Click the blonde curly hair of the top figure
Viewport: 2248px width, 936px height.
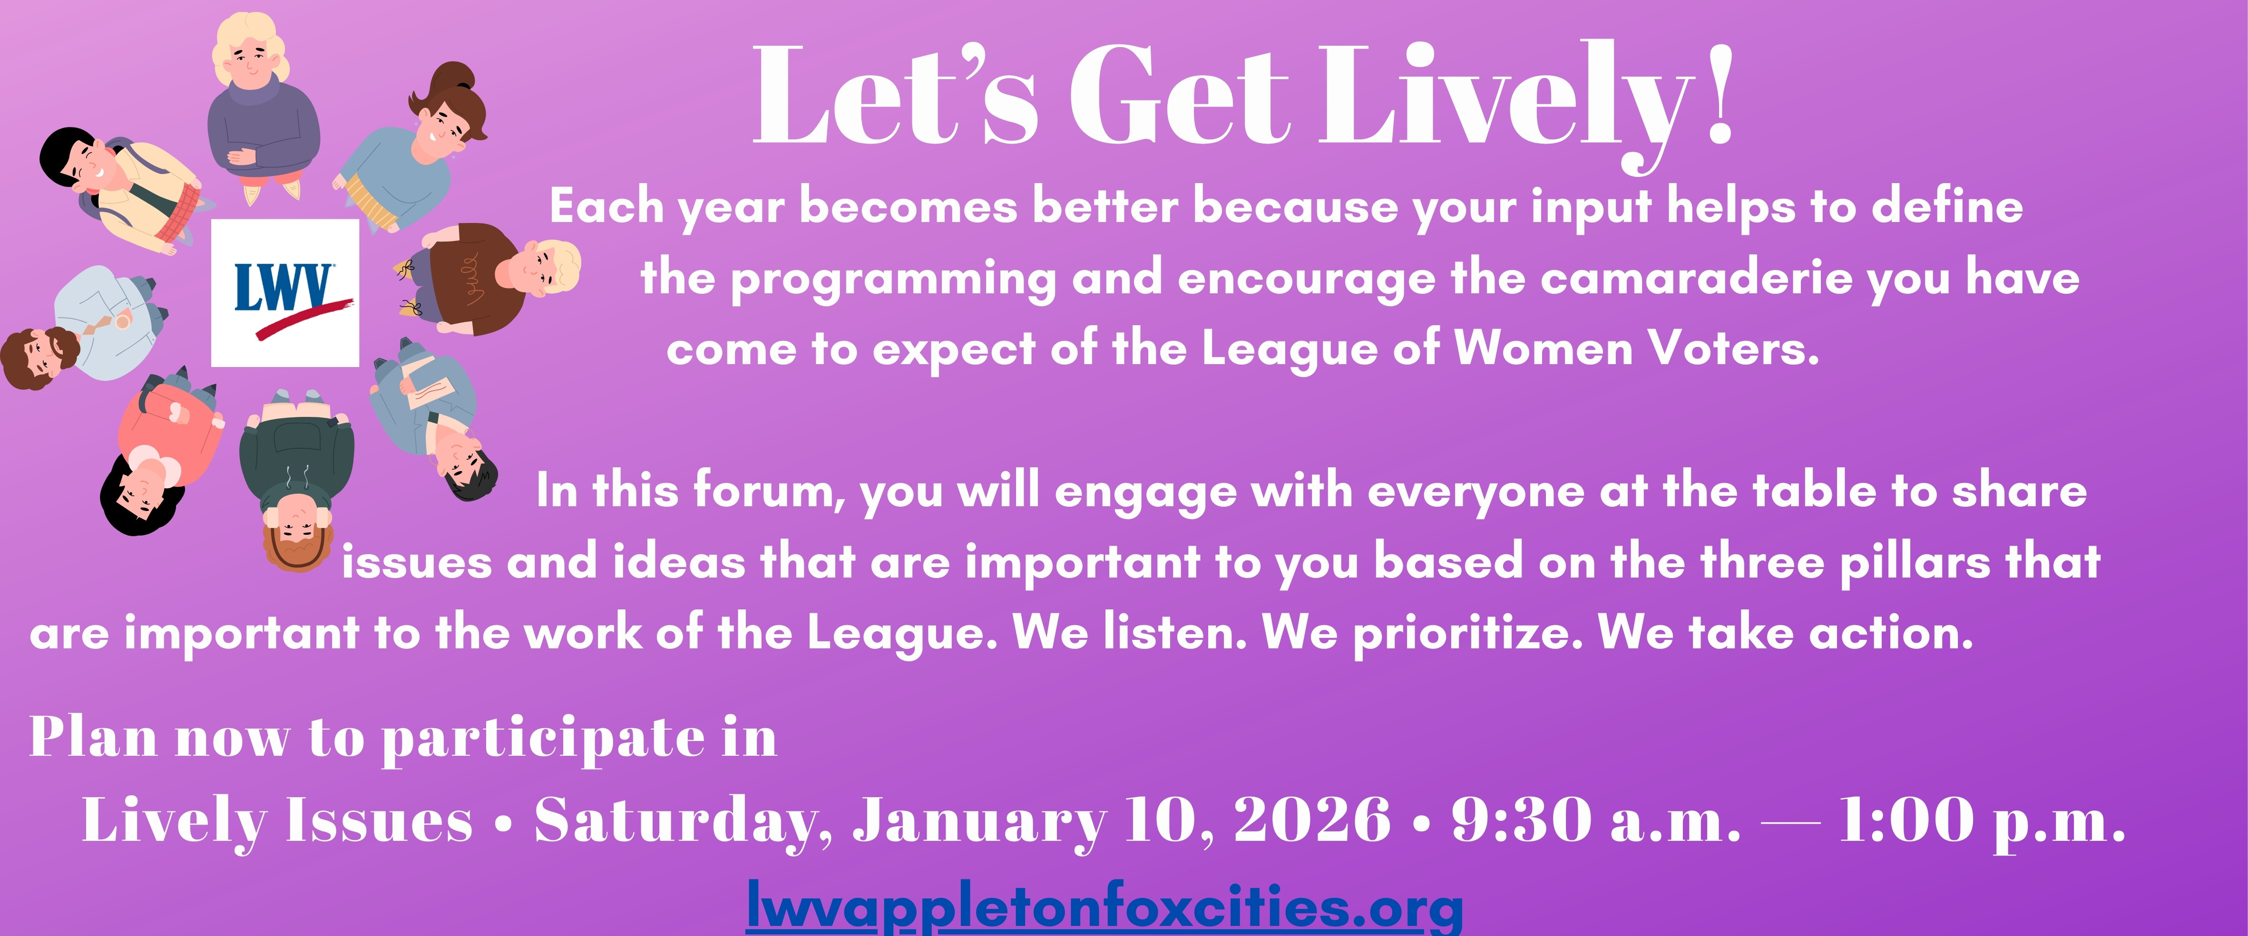pyautogui.click(x=250, y=48)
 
